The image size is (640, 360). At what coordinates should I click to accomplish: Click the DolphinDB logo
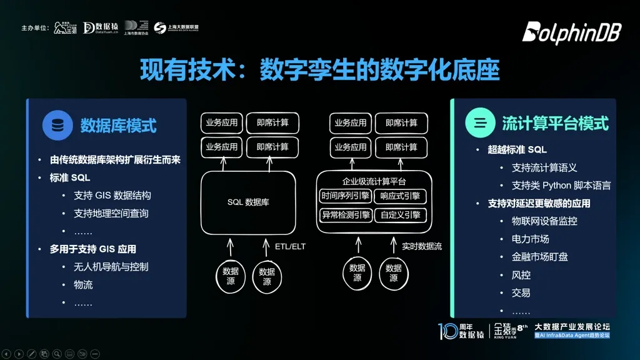571,32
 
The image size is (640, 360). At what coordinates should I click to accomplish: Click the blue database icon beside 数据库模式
57,125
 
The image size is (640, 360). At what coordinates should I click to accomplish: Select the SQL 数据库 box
248,202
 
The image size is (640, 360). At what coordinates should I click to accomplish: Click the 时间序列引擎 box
345,196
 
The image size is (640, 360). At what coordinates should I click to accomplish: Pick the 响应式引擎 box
401,196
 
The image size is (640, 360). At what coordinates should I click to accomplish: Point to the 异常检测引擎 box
345,216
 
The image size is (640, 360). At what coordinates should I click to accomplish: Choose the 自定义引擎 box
401,216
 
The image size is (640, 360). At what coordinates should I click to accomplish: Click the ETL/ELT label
290,246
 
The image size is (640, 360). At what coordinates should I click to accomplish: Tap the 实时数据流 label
421,246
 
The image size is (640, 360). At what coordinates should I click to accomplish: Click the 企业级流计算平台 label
374,182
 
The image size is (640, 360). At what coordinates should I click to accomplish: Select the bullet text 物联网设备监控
544,221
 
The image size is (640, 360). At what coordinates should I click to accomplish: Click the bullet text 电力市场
530,239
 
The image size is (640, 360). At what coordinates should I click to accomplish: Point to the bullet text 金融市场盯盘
540,257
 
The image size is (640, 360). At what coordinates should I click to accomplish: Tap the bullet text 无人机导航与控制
111,267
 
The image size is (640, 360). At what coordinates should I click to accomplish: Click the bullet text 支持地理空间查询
111,213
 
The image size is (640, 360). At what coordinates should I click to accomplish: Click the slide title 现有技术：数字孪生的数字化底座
319,70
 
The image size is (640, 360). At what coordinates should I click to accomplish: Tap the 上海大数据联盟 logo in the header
176,27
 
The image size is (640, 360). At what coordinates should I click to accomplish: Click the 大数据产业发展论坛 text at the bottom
572,326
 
